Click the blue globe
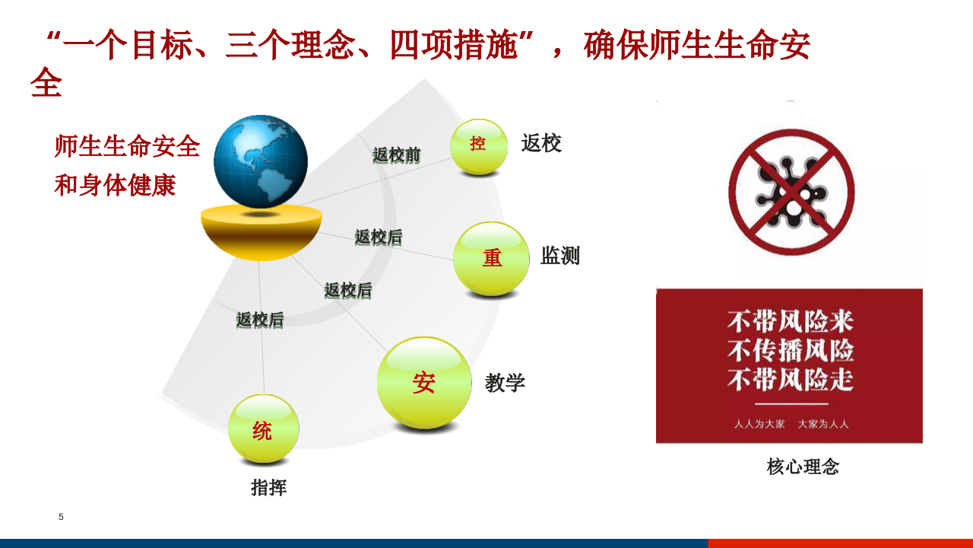(261, 161)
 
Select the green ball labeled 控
(478, 145)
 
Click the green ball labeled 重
(491, 259)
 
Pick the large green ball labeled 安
(424, 382)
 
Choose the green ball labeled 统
(263, 429)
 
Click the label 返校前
(396, 155)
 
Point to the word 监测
(560, 256)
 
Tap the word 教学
(505, 383)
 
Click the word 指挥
(268, 488)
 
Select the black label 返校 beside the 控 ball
(541, 143)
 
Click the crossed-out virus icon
(791, 192)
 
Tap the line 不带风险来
(791, 321)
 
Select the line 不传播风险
(791, 350)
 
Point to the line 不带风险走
(791, 379)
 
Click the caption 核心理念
(803, 467)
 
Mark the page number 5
(61, 518)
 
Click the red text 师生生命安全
(127, 146)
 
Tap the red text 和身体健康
(115, 185)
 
